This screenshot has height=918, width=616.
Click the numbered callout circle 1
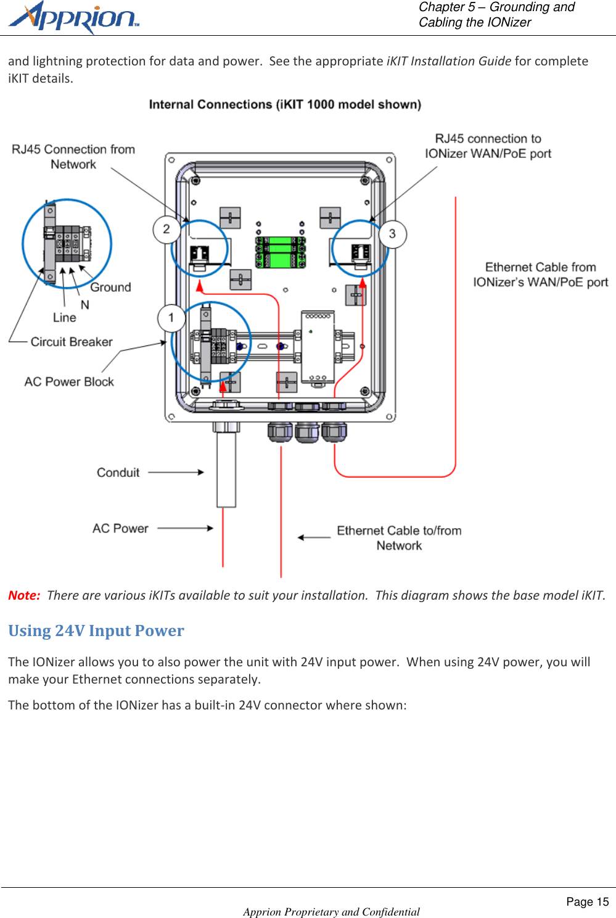coord(171,318)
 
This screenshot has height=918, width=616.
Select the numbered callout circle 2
coord(166,229)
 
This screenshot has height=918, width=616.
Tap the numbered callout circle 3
coord(392,234)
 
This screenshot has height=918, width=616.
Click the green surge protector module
coord(281,252)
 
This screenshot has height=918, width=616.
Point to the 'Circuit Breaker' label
coord(72,342)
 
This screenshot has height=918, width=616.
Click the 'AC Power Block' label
coord(69,382)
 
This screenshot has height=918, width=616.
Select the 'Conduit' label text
coord(118,473)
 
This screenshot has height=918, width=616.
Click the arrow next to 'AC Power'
coord(185,528)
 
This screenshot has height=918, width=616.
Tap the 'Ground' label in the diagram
coord(110,287)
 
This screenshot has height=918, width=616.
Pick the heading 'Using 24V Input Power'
coord(96,631)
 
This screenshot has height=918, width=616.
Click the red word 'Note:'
coord(24,595)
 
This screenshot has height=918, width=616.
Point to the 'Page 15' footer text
coord(587,902)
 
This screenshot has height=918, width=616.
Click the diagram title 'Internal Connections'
coord(285,104)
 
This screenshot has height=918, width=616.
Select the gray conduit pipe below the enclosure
coord(226,469)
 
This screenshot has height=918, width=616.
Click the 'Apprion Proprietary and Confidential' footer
coord(331,912)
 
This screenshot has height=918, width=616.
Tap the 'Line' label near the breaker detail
coord(65,318)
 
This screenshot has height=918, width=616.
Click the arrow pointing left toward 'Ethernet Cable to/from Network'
coord(314,537)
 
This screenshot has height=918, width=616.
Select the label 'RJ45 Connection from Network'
coord(73,157)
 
